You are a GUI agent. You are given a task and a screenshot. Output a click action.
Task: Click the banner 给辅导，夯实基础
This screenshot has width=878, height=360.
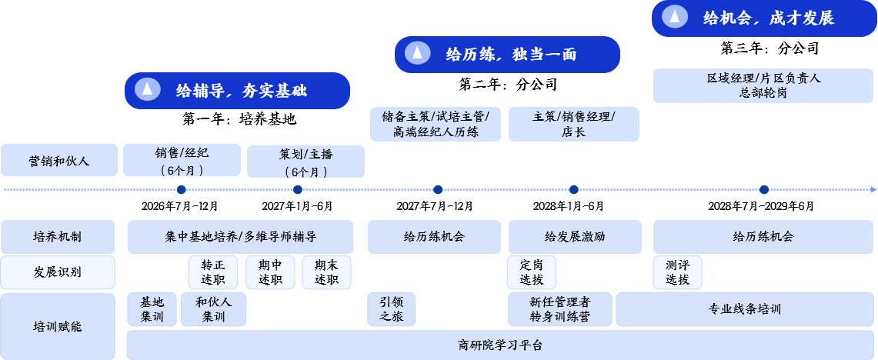tap(237, 91)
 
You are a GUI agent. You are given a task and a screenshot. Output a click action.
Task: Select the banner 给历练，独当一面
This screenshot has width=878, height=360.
tap(507, 55)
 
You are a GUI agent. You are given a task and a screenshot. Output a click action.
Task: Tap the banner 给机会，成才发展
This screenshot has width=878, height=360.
tap(764, 18)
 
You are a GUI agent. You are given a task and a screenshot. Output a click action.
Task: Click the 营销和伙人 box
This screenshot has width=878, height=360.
tap(59, 160)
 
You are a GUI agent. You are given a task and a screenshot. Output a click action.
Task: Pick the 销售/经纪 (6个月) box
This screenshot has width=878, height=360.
tap(182, 161)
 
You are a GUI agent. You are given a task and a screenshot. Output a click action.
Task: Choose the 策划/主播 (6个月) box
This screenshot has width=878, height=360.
tap(305, 162)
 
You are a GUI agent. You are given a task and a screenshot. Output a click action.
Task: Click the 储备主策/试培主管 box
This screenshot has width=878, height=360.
tap(436, 124)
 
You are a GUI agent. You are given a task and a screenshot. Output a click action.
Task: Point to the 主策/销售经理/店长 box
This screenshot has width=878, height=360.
tap(573, 124)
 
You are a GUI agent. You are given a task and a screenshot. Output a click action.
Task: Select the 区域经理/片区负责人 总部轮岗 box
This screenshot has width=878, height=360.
tap(764, 85)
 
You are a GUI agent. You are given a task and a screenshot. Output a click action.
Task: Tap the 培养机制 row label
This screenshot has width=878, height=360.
tap(58, 237)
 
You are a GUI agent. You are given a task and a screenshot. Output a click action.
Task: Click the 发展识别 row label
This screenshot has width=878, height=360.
tap(58, 272)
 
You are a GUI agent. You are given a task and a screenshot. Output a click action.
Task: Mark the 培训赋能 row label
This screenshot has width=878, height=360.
tap(58, 326)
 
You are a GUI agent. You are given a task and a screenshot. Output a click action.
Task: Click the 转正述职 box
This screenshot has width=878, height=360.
tap(212, 272)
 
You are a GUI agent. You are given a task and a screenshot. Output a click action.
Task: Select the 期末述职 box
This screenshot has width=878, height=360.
tap(326, 272)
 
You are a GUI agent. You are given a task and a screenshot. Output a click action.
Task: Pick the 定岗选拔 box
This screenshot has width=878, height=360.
tap(531, 272)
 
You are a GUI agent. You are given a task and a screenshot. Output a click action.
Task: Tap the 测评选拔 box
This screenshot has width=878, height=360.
tap(677, 272)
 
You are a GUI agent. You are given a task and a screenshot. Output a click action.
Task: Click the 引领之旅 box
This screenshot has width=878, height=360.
tap(391, 309)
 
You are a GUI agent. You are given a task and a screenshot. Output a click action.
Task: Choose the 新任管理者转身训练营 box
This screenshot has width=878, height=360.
tap(560, 309)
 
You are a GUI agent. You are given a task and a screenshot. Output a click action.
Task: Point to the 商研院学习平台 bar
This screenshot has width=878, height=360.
tap(500, 345)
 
